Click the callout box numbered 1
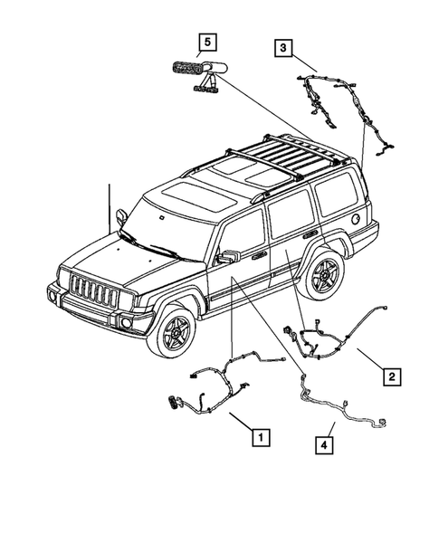tap(260, 438)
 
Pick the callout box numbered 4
tap(324, 443)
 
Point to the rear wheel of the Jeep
tap(323, 275)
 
